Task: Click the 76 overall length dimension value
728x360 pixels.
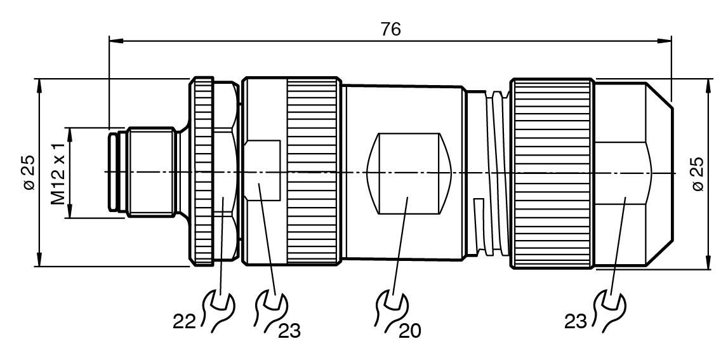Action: coord(390,29)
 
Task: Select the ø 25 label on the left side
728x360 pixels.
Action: coord(29,172)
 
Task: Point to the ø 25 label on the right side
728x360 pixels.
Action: coord(698,173)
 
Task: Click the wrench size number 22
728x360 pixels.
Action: coord(184,321)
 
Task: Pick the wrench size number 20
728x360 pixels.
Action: coord(409,330)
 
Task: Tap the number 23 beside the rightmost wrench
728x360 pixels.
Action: coord(576,321)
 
